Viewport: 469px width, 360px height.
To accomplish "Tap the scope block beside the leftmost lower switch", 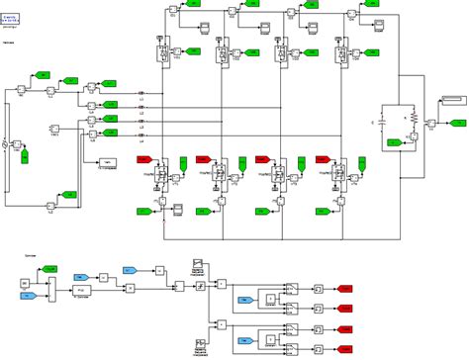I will click(179, 208).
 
